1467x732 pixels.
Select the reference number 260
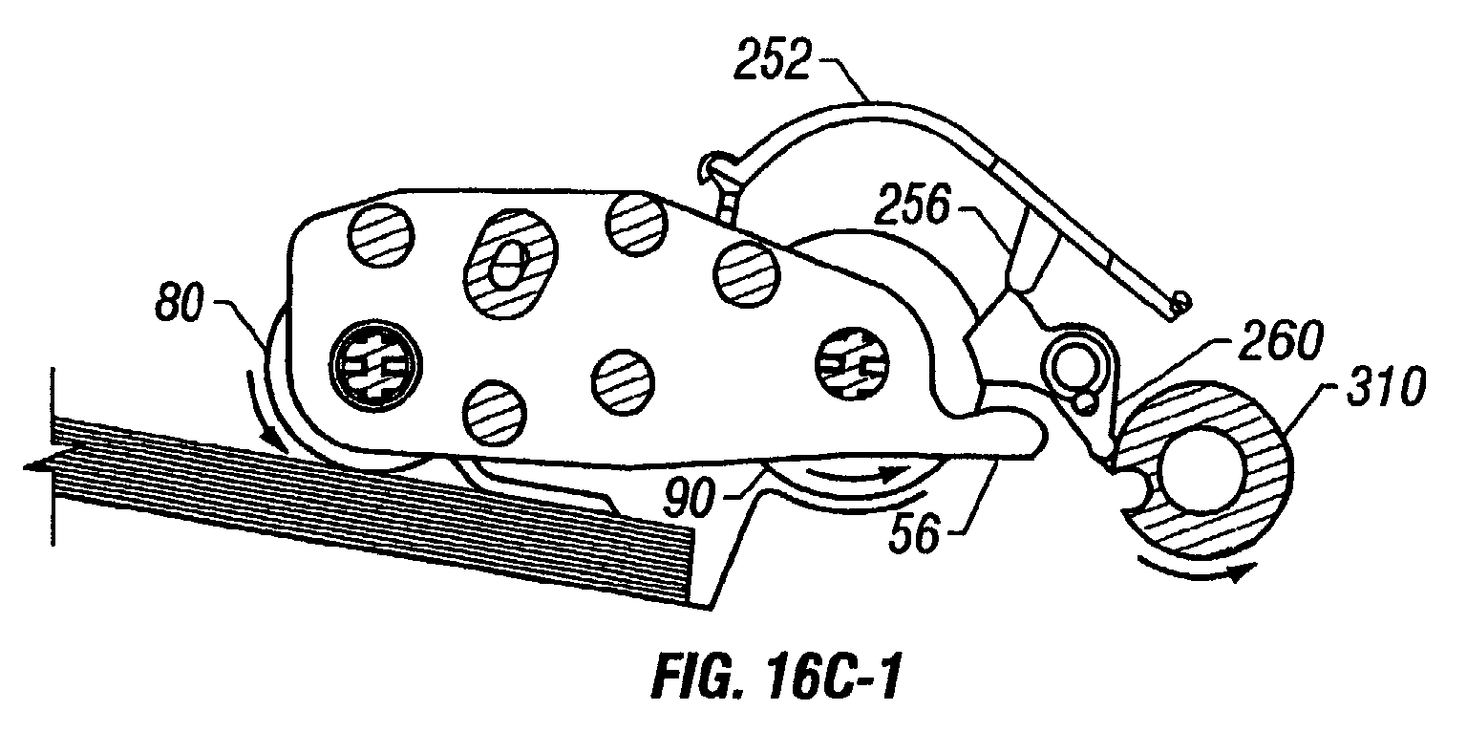click(1281, 340)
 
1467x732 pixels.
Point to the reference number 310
click(1385, 387)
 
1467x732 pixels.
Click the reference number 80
click(180, 304)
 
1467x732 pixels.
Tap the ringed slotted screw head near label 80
click(375, 365)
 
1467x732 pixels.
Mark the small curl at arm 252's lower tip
click(1180, 302)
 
